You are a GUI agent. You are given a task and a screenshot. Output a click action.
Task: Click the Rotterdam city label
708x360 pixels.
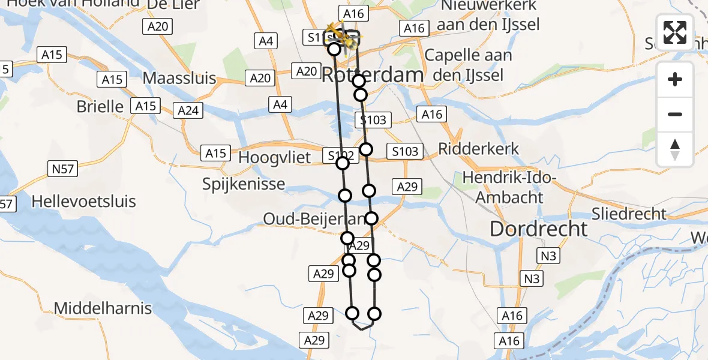[373, 75]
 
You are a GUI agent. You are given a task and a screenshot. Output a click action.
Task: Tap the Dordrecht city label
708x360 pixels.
[539, 229]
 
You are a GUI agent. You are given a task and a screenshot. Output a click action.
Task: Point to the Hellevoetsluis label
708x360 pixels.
[84, 201]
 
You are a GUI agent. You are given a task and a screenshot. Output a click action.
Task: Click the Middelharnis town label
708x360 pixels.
[103, 308]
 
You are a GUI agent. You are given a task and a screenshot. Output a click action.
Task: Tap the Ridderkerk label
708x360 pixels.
[479, 148]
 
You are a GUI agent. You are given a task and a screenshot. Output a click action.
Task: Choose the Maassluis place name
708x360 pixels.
[184, 78]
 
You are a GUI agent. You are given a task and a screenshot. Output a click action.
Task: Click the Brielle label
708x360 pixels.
[100, 106]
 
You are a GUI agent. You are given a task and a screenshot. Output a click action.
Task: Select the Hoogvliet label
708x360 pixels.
[275, 157]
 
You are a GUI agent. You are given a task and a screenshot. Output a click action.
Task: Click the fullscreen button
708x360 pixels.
[675, 32]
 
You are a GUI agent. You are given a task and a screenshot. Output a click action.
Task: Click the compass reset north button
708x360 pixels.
[675, 149]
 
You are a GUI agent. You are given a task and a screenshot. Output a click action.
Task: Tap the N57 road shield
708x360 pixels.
[62, 169]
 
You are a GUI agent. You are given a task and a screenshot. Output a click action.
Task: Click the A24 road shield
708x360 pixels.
[188, 110]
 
